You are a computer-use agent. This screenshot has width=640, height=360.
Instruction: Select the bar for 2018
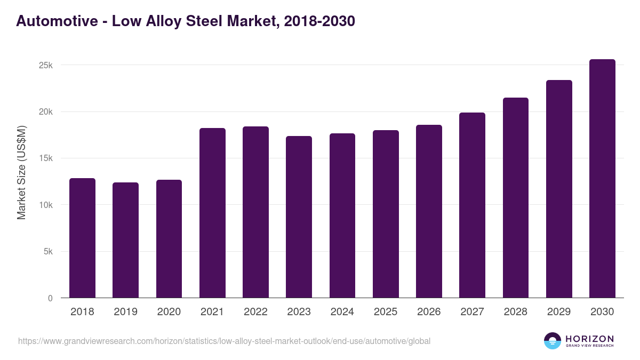click(x=82, y=238)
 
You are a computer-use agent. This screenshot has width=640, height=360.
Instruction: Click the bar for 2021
click(x=212, y=213)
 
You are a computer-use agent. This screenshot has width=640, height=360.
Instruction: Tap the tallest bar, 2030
click(x=602, y=179)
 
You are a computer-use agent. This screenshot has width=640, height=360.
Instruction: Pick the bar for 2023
click(x=299, y=217)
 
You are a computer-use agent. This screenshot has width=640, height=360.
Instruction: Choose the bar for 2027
click(x=472, y=205)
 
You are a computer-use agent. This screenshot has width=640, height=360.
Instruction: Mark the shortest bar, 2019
click(x=125, y=240)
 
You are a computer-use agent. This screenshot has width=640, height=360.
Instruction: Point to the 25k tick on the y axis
click(x=45, y=65)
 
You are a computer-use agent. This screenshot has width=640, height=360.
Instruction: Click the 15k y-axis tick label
click(x=45, y=158)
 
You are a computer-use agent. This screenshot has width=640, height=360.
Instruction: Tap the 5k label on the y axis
click(x=47, y=251)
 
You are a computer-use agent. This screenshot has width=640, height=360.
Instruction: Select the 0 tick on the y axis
click(x=50, y=298)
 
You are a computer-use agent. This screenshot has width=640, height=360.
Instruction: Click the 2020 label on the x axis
click(x=169, y=312)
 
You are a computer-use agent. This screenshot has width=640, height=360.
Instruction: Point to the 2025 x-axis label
click(x=386, y=312)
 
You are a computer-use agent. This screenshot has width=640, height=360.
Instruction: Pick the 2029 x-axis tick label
click(x=559, y=312)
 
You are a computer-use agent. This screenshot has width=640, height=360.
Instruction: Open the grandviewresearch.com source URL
click(x=224, y=341)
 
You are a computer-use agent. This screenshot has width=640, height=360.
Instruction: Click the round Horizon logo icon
click(x=552, y=341)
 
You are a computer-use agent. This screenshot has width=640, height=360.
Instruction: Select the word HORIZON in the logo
click(x=589, y=338)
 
